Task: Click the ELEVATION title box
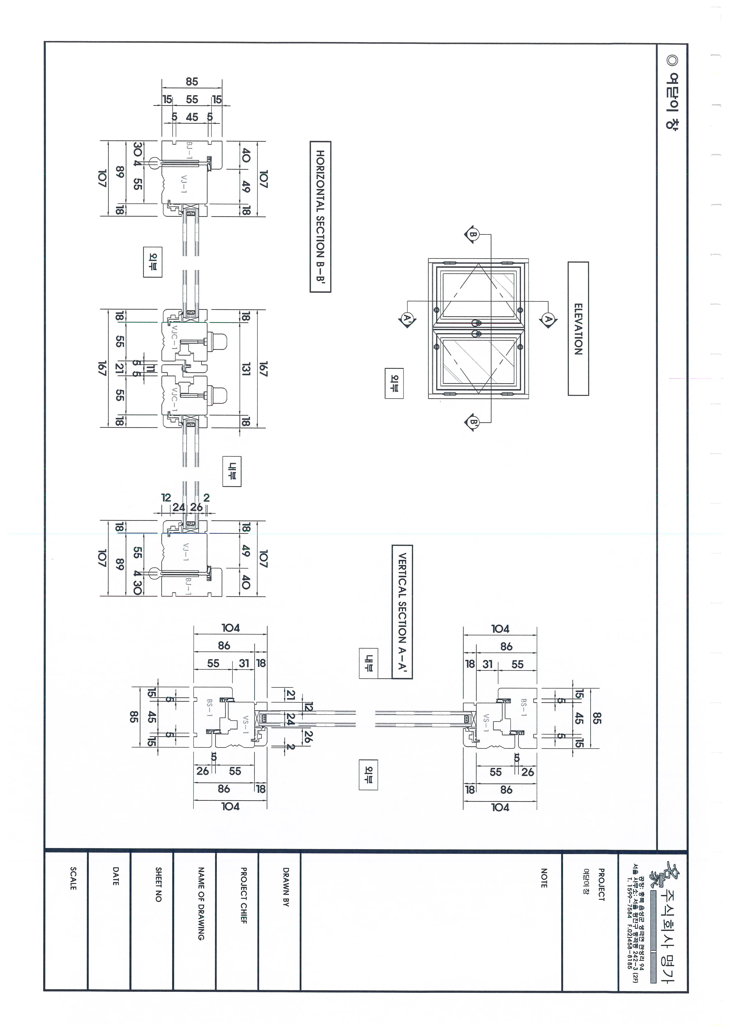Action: [578, 329]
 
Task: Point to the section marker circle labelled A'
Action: [407, 319]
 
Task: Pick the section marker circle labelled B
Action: [473, 234]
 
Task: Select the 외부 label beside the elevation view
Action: [394, 383]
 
